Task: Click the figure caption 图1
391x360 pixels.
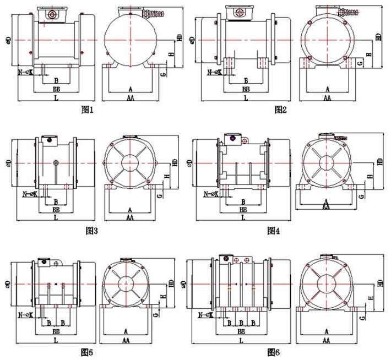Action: [x=88, y=110]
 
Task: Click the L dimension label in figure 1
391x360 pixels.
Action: [x=56, y=97]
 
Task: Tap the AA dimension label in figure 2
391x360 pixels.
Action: [x=327, y=97]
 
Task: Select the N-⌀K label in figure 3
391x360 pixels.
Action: [x=29, y=194]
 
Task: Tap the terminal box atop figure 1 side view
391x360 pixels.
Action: [x=52, y=13]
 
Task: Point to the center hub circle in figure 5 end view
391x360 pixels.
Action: [x=126, y=284]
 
